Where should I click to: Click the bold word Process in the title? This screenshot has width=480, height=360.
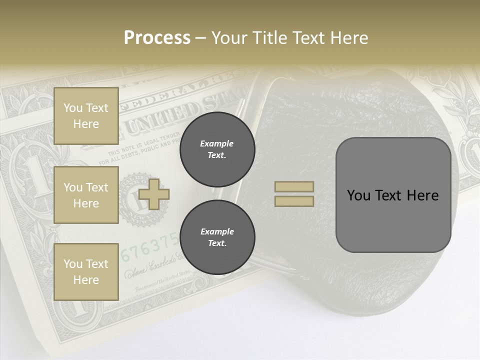pos(157,38)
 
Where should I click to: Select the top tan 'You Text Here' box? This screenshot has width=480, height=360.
pos(86,116)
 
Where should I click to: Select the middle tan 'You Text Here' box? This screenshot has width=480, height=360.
pos(86,195)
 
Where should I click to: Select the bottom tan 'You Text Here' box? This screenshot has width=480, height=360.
pos(86,272)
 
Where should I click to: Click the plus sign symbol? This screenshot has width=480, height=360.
pos(154,194)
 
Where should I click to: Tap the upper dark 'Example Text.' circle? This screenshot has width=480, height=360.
pos(217,149)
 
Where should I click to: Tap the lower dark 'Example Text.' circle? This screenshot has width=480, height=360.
pos(217,237)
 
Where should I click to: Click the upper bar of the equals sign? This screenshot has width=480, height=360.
pos(294,186)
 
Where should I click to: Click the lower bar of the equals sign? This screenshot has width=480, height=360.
pos(294,201)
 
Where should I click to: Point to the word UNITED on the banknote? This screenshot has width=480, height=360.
pos(162,117)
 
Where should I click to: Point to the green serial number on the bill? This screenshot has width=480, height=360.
pos(150,247)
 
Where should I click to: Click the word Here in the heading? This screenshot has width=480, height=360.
pos(348,38)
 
